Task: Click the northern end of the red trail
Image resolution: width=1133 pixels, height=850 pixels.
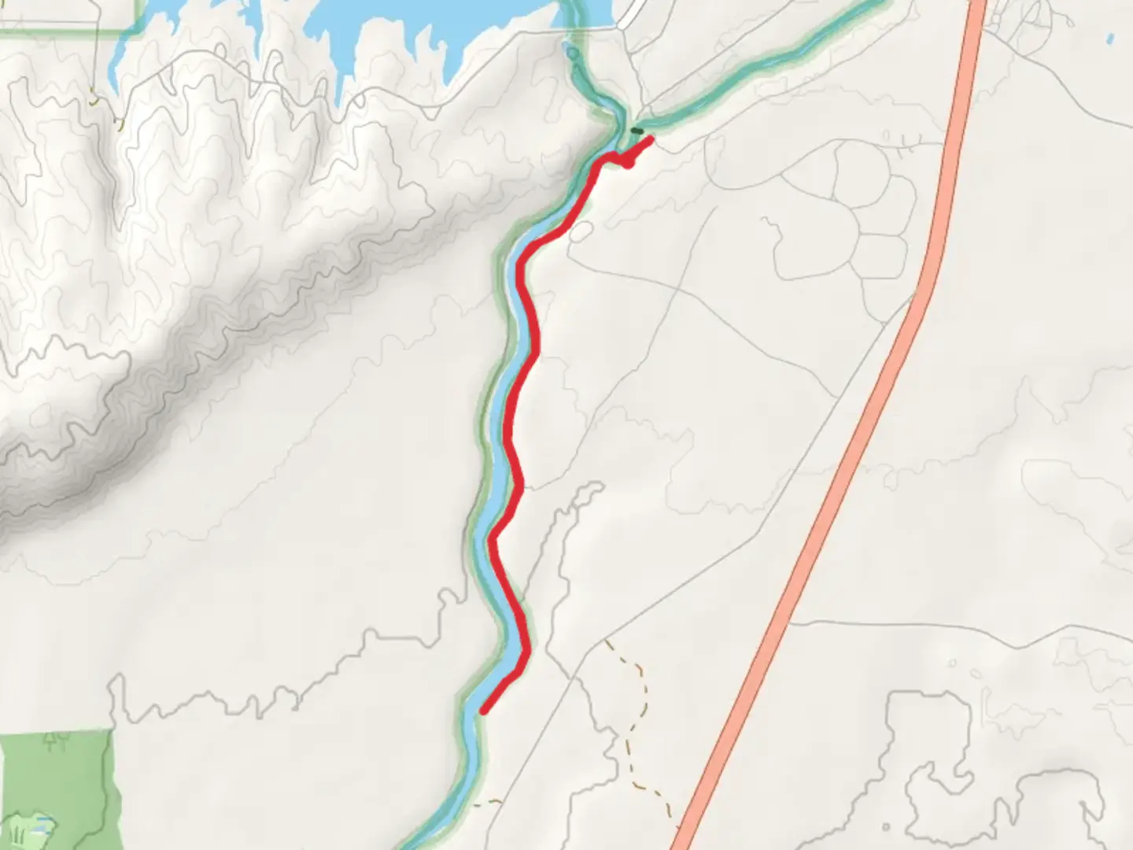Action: point(651,139)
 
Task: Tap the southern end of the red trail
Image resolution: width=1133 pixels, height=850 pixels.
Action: point(483,711)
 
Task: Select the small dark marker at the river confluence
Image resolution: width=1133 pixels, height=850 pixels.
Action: point(637,131)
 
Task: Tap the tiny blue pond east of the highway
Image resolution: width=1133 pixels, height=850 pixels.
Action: point(1110,37)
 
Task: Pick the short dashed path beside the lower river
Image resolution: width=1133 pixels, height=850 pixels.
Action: point(488,803)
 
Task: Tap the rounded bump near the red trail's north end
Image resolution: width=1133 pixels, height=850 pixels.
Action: point(629,163)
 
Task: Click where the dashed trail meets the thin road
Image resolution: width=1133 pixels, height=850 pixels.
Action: point(607,640)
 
